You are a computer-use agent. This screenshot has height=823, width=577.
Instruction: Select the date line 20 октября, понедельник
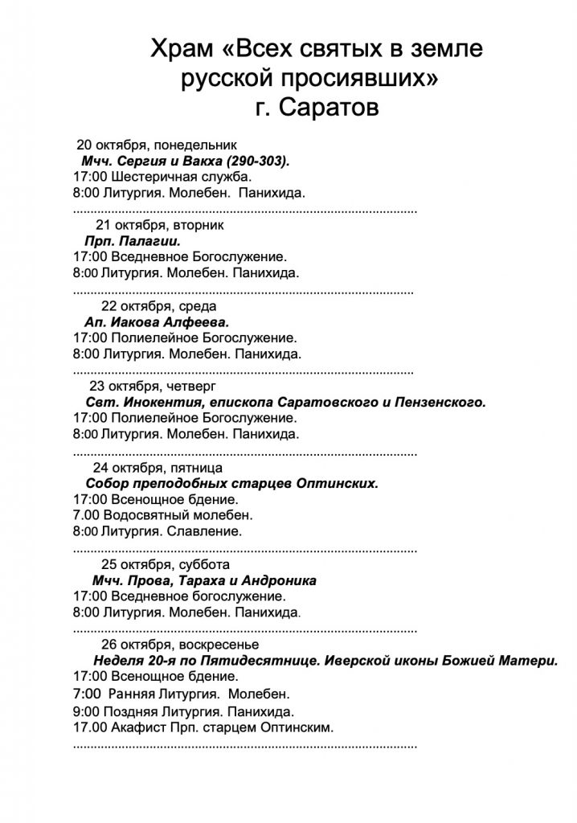(157, 145)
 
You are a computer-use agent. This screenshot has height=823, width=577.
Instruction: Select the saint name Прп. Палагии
(131, 240)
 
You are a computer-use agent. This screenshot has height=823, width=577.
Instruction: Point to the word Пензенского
(444, 401)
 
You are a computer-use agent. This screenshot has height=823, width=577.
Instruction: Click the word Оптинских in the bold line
(338, 483)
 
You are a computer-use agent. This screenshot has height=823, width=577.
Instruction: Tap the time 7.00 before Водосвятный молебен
(84, 514)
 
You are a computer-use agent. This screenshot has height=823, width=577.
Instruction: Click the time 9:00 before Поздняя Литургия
(85, 710)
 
